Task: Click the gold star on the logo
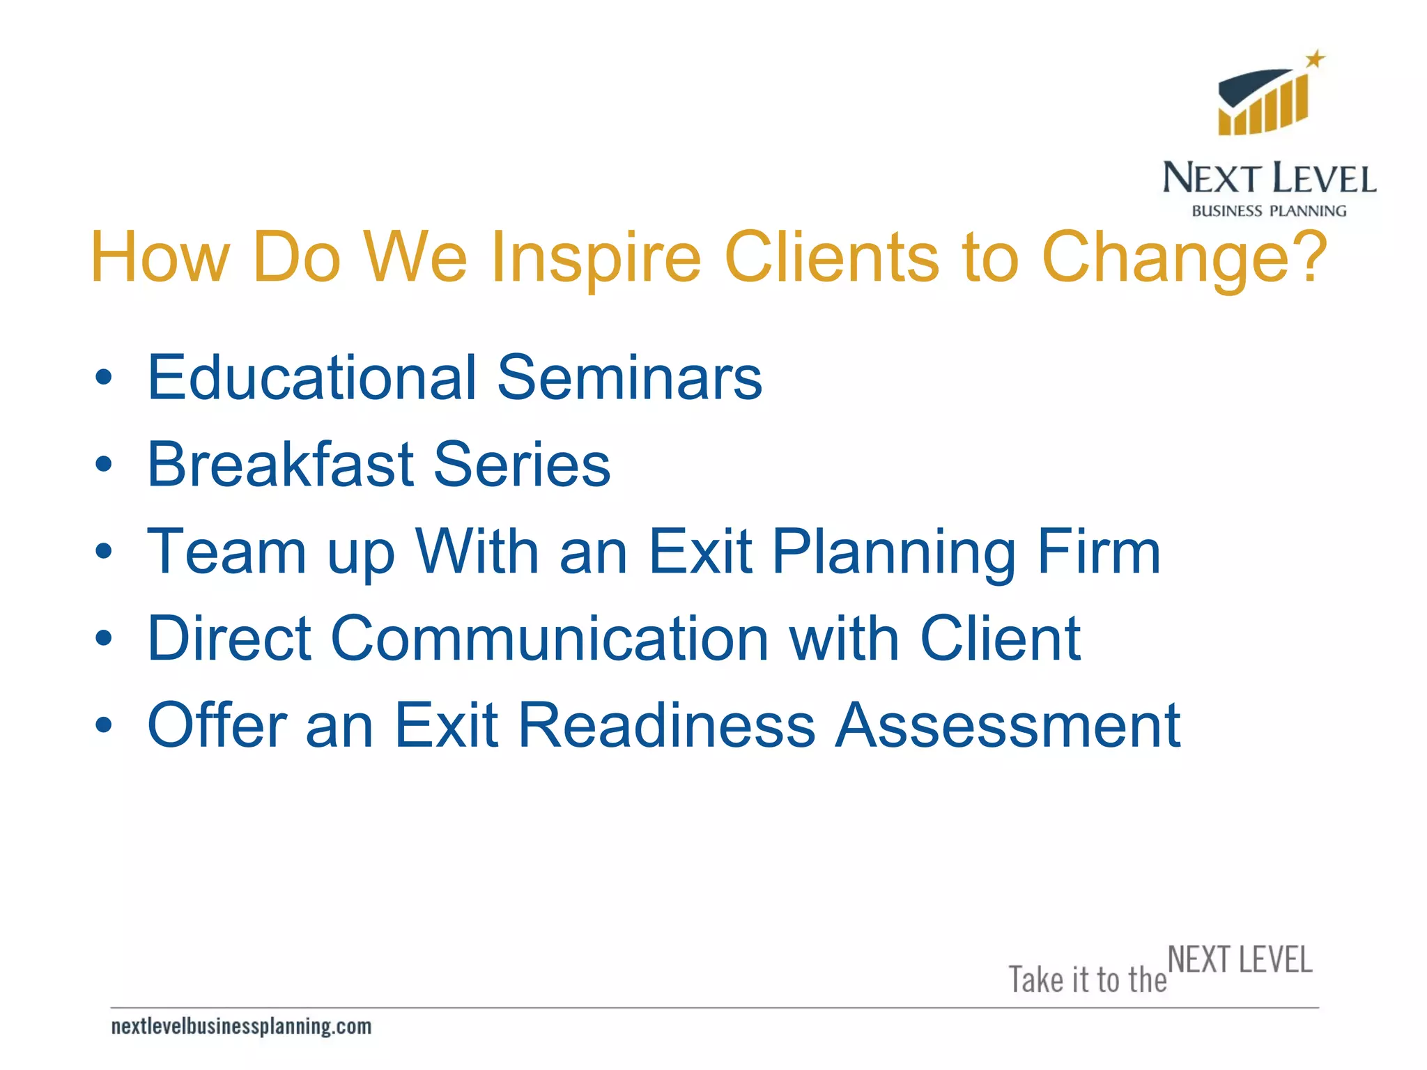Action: click(1315, 59)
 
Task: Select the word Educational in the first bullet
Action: click(311, 378)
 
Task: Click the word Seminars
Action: click(629, 378)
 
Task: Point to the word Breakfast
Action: click(280, 465)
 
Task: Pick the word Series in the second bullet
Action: click(522, 465)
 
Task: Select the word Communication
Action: click(550, 639)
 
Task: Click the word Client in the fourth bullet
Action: click(1000, 639)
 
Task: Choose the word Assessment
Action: click(1008, 726)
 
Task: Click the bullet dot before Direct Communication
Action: click(103, 639)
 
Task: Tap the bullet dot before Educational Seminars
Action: click(103, 378)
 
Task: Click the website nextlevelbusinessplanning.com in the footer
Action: click(241, 1026)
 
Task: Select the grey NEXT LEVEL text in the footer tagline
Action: click(1240, 960)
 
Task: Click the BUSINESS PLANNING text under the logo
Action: click(1269, 211)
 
